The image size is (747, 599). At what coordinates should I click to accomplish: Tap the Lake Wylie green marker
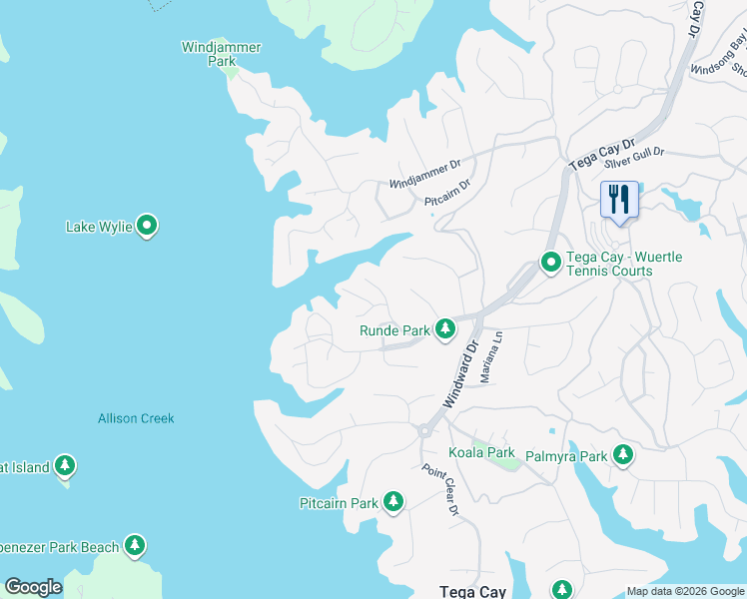(x=147, y=227)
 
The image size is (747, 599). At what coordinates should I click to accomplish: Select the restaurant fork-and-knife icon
(x=618, y=200)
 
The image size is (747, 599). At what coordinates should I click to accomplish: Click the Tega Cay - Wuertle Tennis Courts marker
(x=550, y=263)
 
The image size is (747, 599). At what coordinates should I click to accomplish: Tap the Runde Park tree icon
(x=444, y=328)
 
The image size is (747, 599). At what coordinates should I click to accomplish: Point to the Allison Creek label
(x=136, y=418)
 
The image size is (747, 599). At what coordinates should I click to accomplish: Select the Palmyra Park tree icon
(x=623, y=455)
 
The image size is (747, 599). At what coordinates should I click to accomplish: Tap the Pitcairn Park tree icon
(x=393, y=502)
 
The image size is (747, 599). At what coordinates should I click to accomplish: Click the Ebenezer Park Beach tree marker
(x=135, y=546)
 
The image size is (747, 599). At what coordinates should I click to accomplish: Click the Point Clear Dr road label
(x=439, y=489)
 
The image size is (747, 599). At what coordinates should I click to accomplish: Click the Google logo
(x=33, y=587)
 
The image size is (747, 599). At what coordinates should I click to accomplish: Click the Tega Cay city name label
(x=472, y=591)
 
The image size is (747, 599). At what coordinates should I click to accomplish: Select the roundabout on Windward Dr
(x=424, y=431)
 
